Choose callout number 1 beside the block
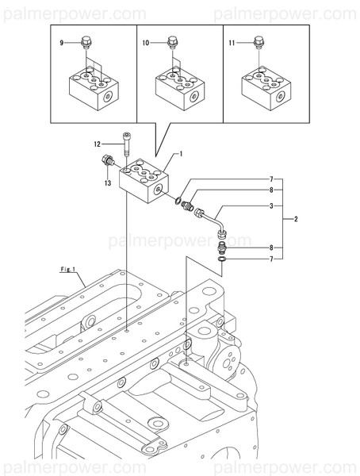(x=181, y=152)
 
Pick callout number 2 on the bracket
(x=295, y=217)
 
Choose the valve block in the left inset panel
(x=93, y=89)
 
